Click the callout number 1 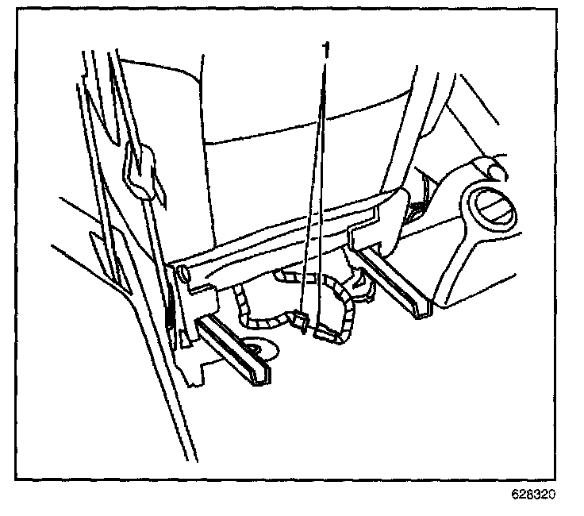click(x=325, y=50)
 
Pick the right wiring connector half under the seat click(x=325, y=333)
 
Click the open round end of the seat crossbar click(x=184, y=275)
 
